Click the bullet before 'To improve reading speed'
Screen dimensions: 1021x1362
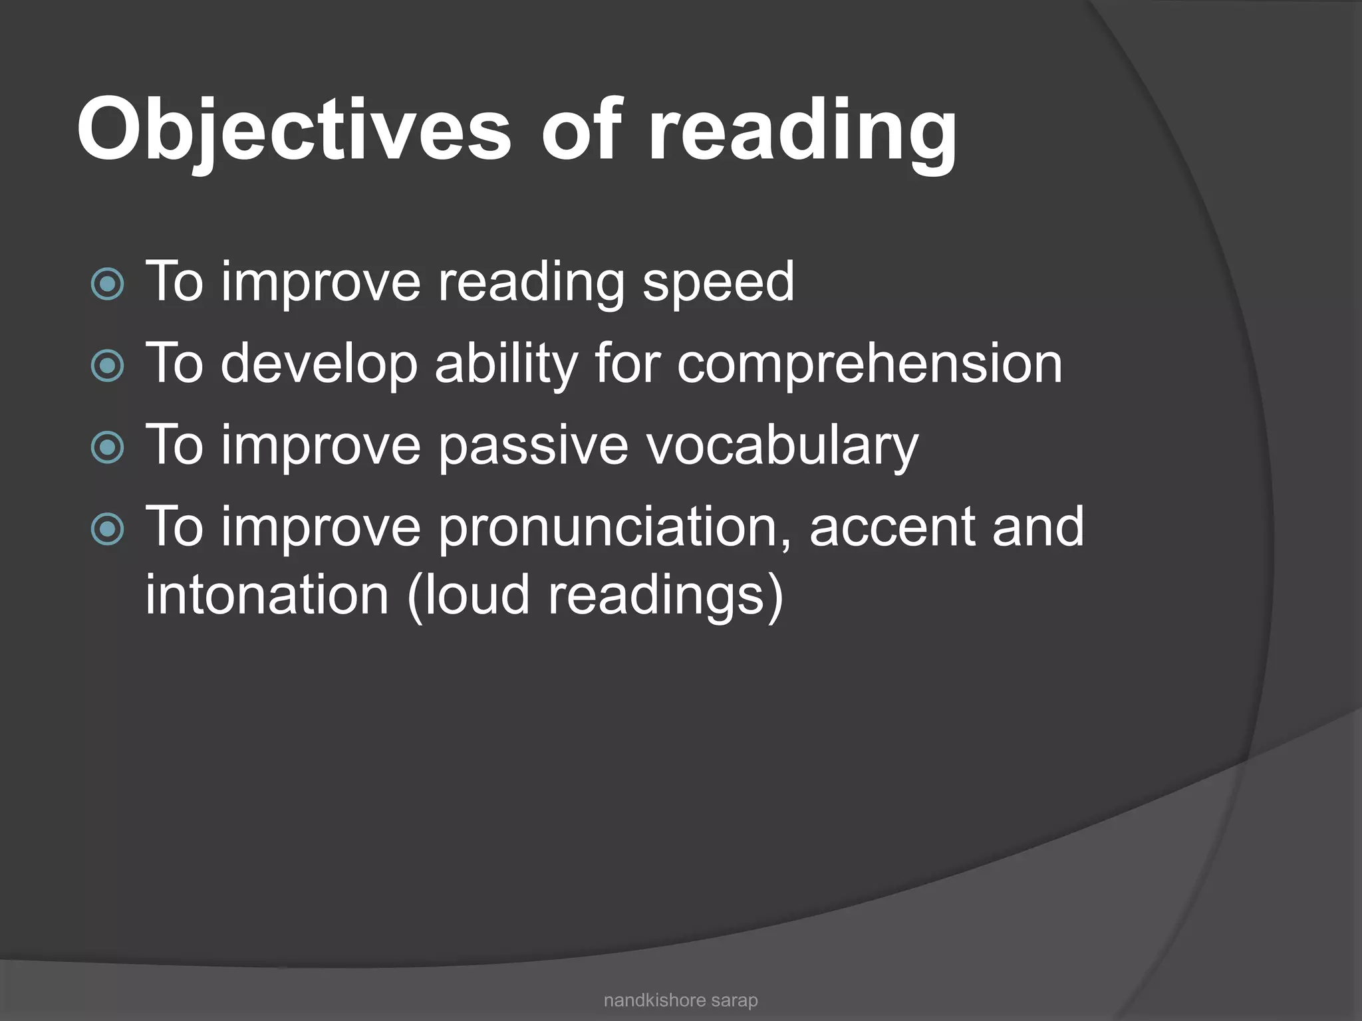[x=107, y=284]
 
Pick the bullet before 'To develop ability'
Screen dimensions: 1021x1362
[x=107, y=366]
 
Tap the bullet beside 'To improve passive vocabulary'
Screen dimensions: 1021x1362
[x=107, y=447]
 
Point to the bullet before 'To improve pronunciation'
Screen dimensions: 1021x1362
[x=107, y=529]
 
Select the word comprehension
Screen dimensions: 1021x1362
[x=870, y=364]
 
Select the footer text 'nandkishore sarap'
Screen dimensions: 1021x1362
[x=680, y=1000]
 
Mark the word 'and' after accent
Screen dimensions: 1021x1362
[x=1038, y=528]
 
